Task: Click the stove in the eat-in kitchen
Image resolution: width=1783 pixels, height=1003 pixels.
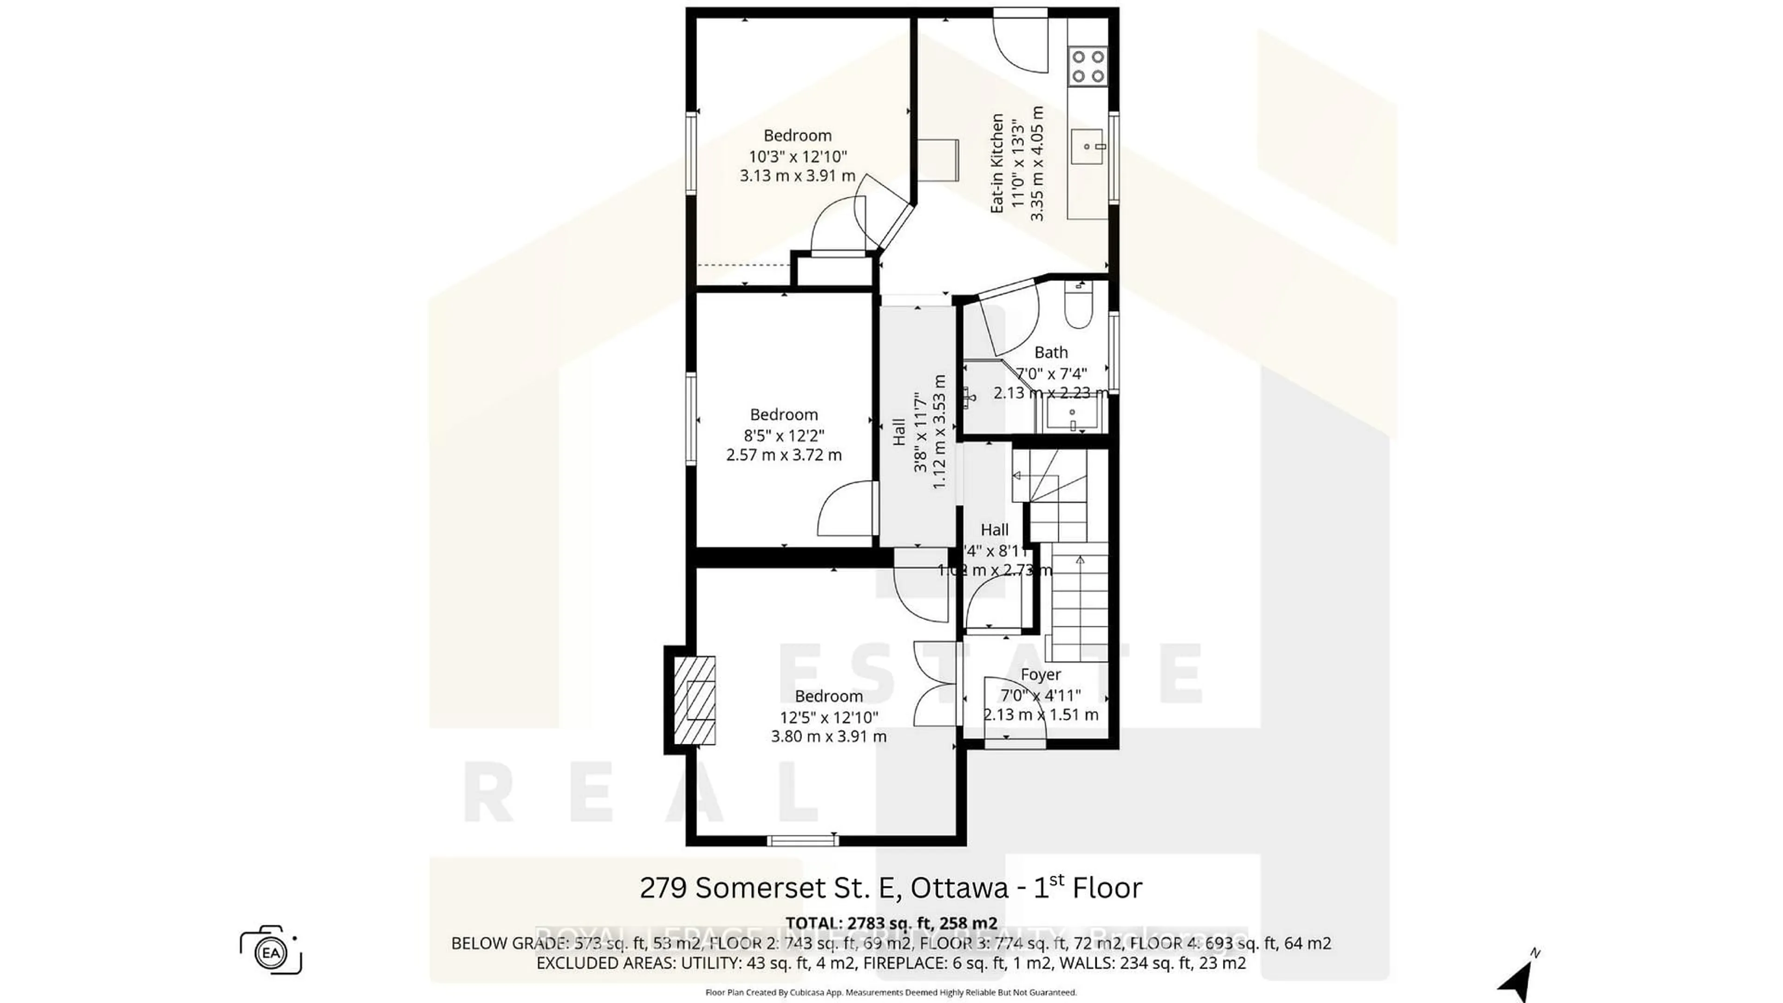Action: [x=1088, y=66]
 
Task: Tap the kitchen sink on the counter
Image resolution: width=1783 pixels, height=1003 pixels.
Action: [x=1088, y=147]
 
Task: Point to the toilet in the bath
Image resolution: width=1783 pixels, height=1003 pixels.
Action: [x=1078, y=309]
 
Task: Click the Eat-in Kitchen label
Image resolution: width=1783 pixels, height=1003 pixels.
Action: [x=997, y=163]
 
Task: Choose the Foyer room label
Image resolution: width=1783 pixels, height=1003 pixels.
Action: [x=1040, y=674]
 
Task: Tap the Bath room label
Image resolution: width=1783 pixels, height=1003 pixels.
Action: [x=1051, y=352]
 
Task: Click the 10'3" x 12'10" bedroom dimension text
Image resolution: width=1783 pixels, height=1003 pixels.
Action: [x=797, y=156]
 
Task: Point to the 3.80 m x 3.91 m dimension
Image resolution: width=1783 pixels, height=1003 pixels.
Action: [x=828, y=736]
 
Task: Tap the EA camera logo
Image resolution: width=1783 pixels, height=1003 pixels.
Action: [x=271, y=951]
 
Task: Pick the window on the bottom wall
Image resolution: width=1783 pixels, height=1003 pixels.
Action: [x=803, y=841]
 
